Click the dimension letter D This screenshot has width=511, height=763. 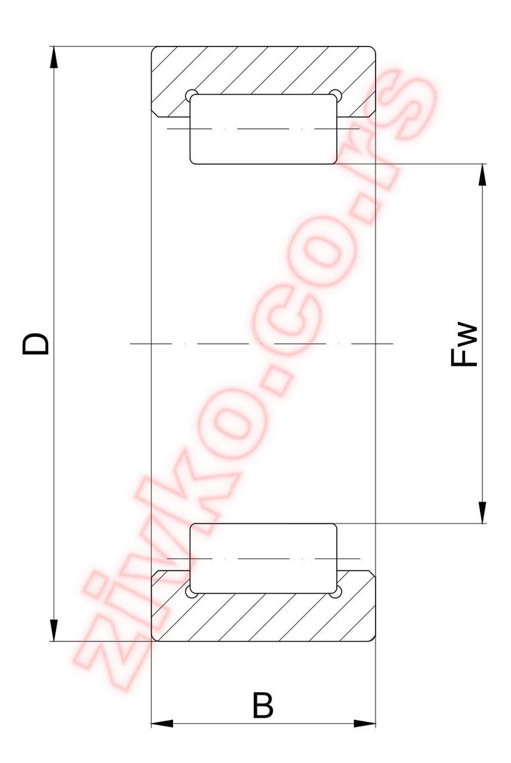pyautogui.click(x=36, y=344)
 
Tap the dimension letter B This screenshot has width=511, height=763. pyautogui.click(x=263, y=705)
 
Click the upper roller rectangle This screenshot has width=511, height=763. pyautogui.click(x=263, y=129)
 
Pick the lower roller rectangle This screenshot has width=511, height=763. pyautogui.click(x=263, y=559)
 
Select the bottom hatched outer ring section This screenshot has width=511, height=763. pyautogui.click(x=263, y=618)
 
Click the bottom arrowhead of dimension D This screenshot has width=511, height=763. pyautogui.click(x=54, y=630)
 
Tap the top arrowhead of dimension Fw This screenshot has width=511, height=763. pyautogui.click(x=482, y=175)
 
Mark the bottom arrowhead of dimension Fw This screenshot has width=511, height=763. pyautogui.click(x=482, y=512)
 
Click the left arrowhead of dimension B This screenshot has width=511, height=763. pyautogui.click(x=162, y=724)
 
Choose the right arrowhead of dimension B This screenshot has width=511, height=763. pyautogui.click(x=364, y=724)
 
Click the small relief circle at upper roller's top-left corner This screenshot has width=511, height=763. pyautogui.click(x=190, y=95)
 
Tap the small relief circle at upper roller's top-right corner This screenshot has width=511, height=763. pyautogui.click(x=336, y=95)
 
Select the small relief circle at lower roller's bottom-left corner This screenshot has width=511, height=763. pyautogui.click(x=190, y=593)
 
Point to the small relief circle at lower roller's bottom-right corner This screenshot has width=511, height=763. pyautogui.click(x=336, y=593)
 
